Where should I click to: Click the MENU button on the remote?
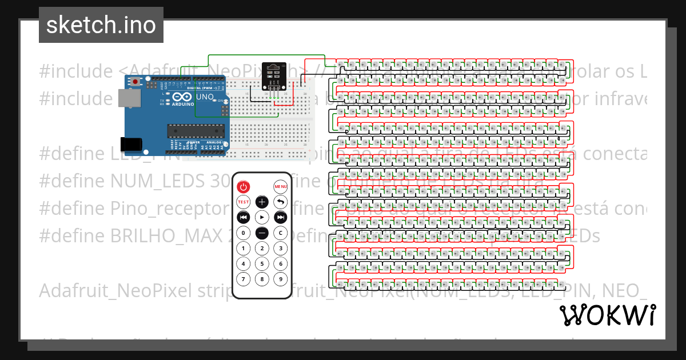[280, 186]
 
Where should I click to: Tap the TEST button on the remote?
[244, 202]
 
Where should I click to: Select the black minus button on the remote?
[262, 233]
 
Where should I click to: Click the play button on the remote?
[262, 217]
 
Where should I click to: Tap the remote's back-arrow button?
[280, 202]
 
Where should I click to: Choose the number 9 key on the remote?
[280, 279]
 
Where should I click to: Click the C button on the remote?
[280, 233]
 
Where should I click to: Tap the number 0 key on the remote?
[244, 233]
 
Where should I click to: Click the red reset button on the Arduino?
[135, 82]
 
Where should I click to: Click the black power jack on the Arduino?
[130, 144]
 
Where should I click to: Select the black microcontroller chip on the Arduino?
[196, 131]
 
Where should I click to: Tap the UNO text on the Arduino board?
[205, 97]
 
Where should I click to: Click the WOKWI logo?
[607, 315]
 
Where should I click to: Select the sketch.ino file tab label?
[101, 25]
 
